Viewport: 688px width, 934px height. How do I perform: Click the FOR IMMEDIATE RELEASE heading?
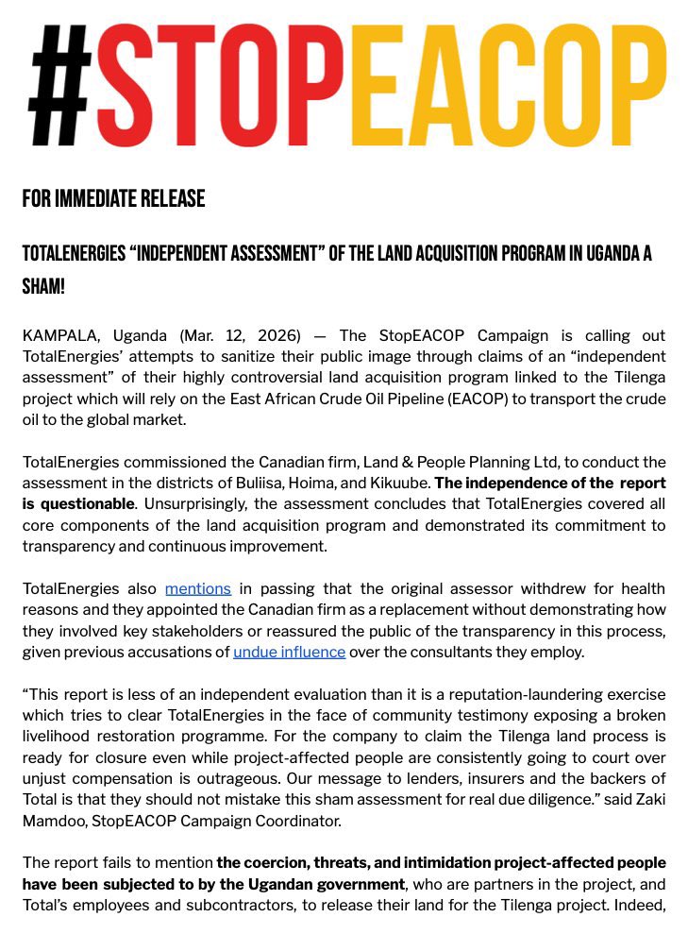(113, 199)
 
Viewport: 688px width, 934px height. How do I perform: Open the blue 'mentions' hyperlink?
(197, 589)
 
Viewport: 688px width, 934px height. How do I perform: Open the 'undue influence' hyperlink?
(289, 652)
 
